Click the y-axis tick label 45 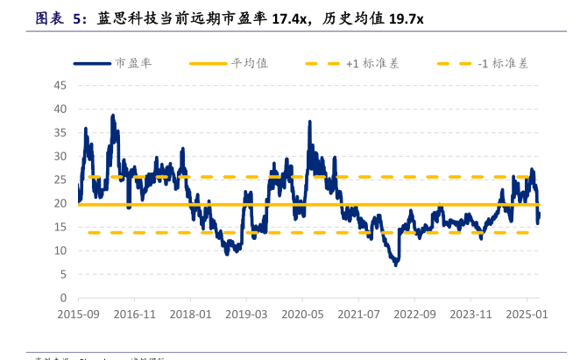[60, 85]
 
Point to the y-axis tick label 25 [60, 180]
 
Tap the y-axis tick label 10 [60, 251]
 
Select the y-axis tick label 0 [63, 298]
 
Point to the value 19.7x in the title [402, 18]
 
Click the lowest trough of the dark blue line [396, 264]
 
